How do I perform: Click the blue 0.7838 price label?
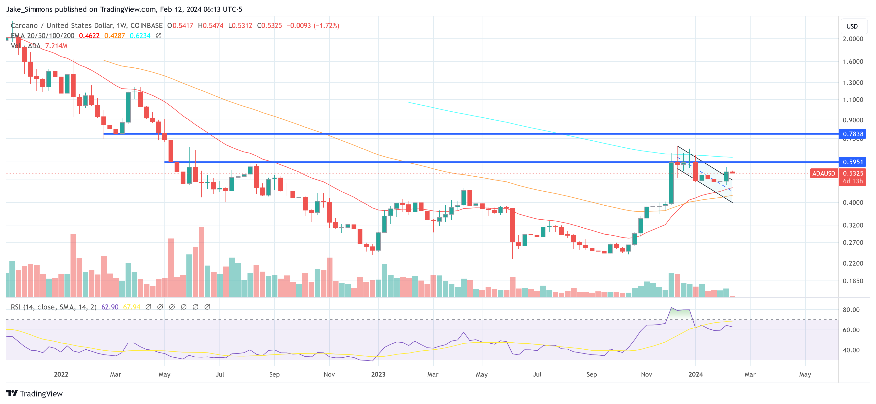(x=853, y=134)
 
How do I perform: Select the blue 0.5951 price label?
(x=853, y=162)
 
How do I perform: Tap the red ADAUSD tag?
(x=823, y=173)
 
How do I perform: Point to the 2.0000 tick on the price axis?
(x=853, y=39)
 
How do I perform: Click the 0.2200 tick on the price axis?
(x=853, y=263)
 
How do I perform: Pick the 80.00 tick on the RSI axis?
(x=851, y=310)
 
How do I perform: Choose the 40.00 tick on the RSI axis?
(x=851, y=350)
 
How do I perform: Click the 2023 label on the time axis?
(x=378, y=374)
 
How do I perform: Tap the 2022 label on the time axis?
(x=61, y=374)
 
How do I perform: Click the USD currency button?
(x=852, y=26)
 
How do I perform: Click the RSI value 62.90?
(x=110, y=307)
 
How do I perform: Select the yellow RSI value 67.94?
(x=131, y=307)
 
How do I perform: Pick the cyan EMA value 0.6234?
(x=140, y=36)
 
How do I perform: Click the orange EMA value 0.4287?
(x=115, y=36)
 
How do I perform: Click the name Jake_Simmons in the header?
(x=29, y=9)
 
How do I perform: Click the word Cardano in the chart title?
(x=24, y=26)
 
